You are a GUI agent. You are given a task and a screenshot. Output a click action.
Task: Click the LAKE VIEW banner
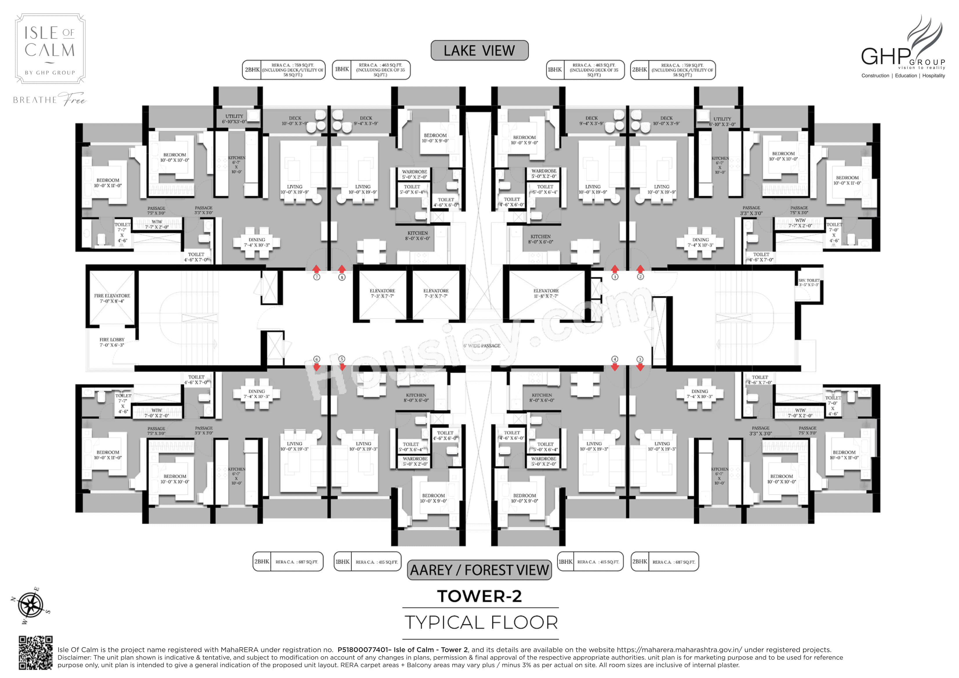pos(479,50)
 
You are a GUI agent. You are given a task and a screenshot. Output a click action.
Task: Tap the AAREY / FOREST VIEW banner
pos(479,570)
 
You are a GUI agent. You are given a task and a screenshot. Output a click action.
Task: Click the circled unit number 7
pos(317,277)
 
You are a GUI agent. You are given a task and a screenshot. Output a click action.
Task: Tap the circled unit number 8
pos(342,277)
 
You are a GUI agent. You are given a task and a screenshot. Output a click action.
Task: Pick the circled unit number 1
pos(615,277)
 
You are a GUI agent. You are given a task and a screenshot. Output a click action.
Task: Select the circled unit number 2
pos(640,277)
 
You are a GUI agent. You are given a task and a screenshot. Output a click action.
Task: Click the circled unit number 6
pos(317,359)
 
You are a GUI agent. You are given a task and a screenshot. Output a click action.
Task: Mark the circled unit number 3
pos(640,359)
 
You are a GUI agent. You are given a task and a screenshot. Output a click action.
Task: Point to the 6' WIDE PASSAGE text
pos(482,346)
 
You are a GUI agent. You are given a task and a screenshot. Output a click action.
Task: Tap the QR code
pos(35,652)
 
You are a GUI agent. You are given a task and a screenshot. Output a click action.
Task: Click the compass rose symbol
pos(30,605)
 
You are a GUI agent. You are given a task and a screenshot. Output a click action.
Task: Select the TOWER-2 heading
pos(479,597)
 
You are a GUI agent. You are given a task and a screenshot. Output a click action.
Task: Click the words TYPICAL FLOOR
pos(481,622)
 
